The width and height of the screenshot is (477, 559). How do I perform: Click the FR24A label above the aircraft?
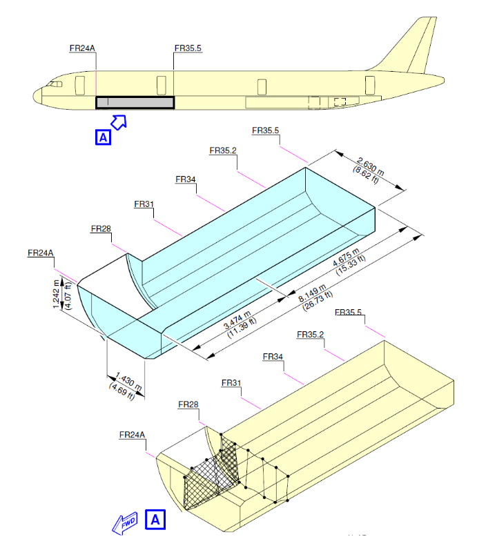[82, 48]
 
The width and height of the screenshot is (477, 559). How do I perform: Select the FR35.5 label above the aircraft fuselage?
[188, 48]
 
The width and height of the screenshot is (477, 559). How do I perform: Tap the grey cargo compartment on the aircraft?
[135, 103]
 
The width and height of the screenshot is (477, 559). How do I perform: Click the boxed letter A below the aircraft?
[102, 137]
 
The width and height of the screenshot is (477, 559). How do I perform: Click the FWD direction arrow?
[126, 522]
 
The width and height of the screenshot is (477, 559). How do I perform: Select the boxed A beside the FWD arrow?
[156, 520]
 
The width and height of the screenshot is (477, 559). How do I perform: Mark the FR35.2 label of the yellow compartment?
[310, 335]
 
